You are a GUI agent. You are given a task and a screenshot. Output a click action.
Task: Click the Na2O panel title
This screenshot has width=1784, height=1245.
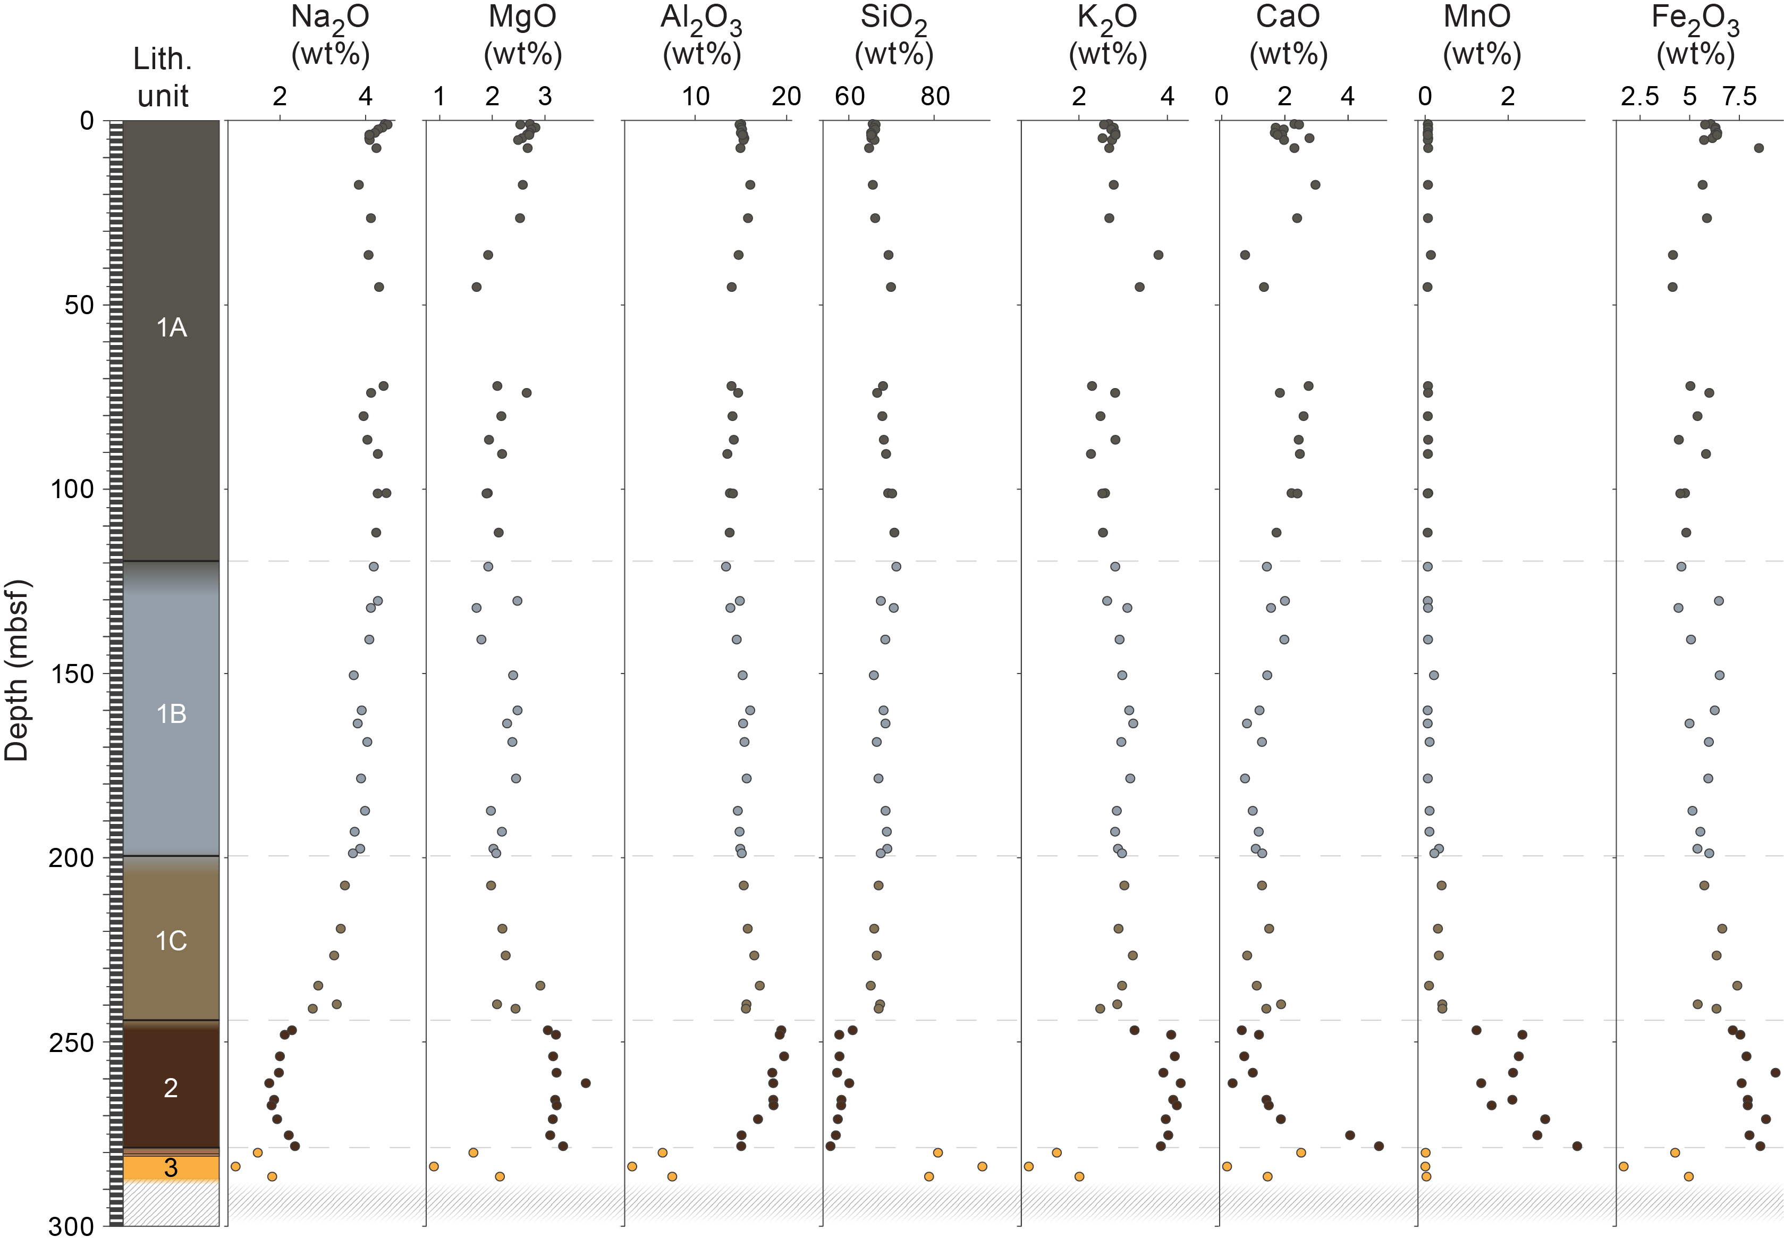(330, 35)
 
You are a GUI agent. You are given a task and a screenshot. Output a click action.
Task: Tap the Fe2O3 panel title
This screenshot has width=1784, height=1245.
(1695, 35)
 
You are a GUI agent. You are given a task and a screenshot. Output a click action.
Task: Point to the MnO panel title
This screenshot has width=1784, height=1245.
(1482, 35)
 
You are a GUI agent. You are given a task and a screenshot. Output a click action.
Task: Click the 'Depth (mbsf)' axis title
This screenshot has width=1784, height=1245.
(16, 670)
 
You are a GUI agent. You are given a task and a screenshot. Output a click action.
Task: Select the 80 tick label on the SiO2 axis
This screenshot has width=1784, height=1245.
(935, 96)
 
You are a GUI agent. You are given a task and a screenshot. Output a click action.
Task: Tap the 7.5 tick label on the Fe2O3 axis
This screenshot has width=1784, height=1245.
(1739, 96)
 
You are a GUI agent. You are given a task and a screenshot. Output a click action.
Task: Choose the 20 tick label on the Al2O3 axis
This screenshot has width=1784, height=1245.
(787, 96)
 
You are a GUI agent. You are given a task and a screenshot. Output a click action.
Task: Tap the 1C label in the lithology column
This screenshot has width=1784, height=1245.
(171, 941)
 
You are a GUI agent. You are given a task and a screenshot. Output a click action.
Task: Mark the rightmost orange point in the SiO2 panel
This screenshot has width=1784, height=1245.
(982, 1166)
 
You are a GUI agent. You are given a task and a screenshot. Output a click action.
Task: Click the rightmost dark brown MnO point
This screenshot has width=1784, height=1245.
(1577, 1146)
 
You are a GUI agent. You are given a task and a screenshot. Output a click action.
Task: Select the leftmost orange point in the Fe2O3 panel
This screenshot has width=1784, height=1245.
(1623, 1166)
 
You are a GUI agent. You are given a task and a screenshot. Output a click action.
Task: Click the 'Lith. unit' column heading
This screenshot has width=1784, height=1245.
(163, 77)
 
